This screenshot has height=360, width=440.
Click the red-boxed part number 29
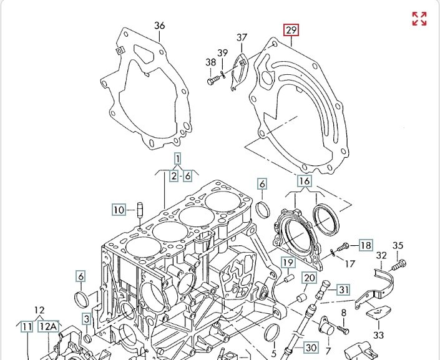pos(291,30)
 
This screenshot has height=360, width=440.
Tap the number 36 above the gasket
pos(160,26)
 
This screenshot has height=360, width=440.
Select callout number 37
pos(242,38)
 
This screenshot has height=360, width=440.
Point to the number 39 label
pos(223,52)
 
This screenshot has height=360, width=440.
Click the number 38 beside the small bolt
pos(211,62)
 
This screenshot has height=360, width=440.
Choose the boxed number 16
pos(304,182)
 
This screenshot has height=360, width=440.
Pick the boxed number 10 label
pos(119,210)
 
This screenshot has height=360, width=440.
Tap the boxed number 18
pos(365,245)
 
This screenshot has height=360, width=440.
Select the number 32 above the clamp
pos(381,255)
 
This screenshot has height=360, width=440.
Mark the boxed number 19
pos(287,262)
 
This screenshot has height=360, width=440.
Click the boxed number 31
pos(344,289)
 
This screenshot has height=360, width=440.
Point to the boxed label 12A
pos(48,326)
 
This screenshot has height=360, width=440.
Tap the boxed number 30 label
pos(311,346)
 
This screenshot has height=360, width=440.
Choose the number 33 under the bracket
pos(378,335)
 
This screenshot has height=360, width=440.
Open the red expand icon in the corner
pos(419,19)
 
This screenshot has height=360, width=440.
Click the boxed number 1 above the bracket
pos(177,158)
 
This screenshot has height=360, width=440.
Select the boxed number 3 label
pos(87,319)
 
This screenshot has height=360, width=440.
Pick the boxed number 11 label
pos(26,326)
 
